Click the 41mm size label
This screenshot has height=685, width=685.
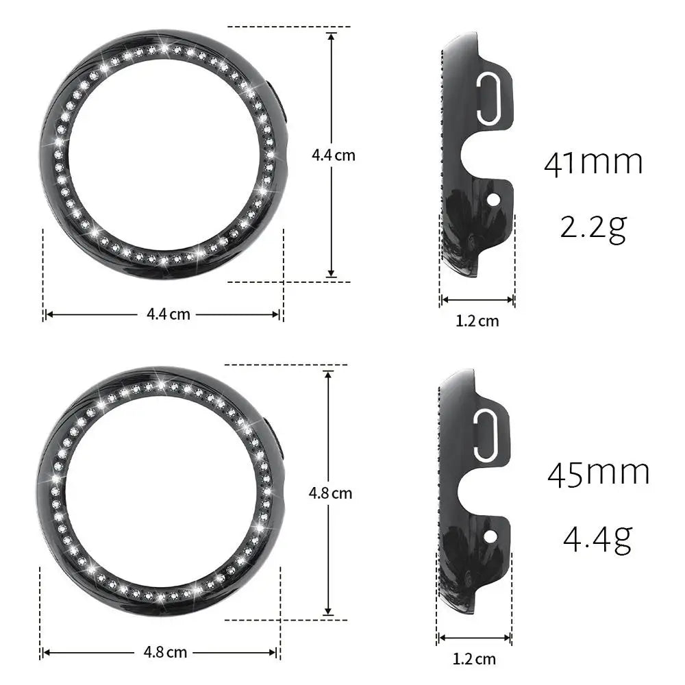pyautogui.click(x=593, y=163)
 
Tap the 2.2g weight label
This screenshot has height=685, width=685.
pyautogui.click(x=593, y=228)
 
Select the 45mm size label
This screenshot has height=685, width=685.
pyautogui.click(x=598, y=473)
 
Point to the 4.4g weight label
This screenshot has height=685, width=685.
pyautogui.click(x=597, y=538)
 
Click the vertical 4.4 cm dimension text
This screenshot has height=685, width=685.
pyautogui.click(x=334, y=155)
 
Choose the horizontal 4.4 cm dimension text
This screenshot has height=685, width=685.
pyautogui.click(x=169, y=314)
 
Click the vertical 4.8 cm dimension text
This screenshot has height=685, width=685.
pyautogui.click(x=330, y=493)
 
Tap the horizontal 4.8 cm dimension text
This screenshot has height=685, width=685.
pyautogui.click(x=165, y=652)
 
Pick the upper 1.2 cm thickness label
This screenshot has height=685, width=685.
pyautogui.click(x=477, y=321)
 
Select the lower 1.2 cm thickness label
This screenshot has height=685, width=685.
pyautogui.click(x=474, y=659)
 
